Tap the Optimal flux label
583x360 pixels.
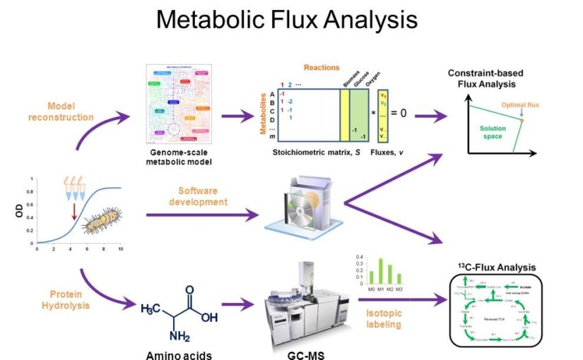tap(520, 104)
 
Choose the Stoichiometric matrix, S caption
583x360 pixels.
tap(313, 151)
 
